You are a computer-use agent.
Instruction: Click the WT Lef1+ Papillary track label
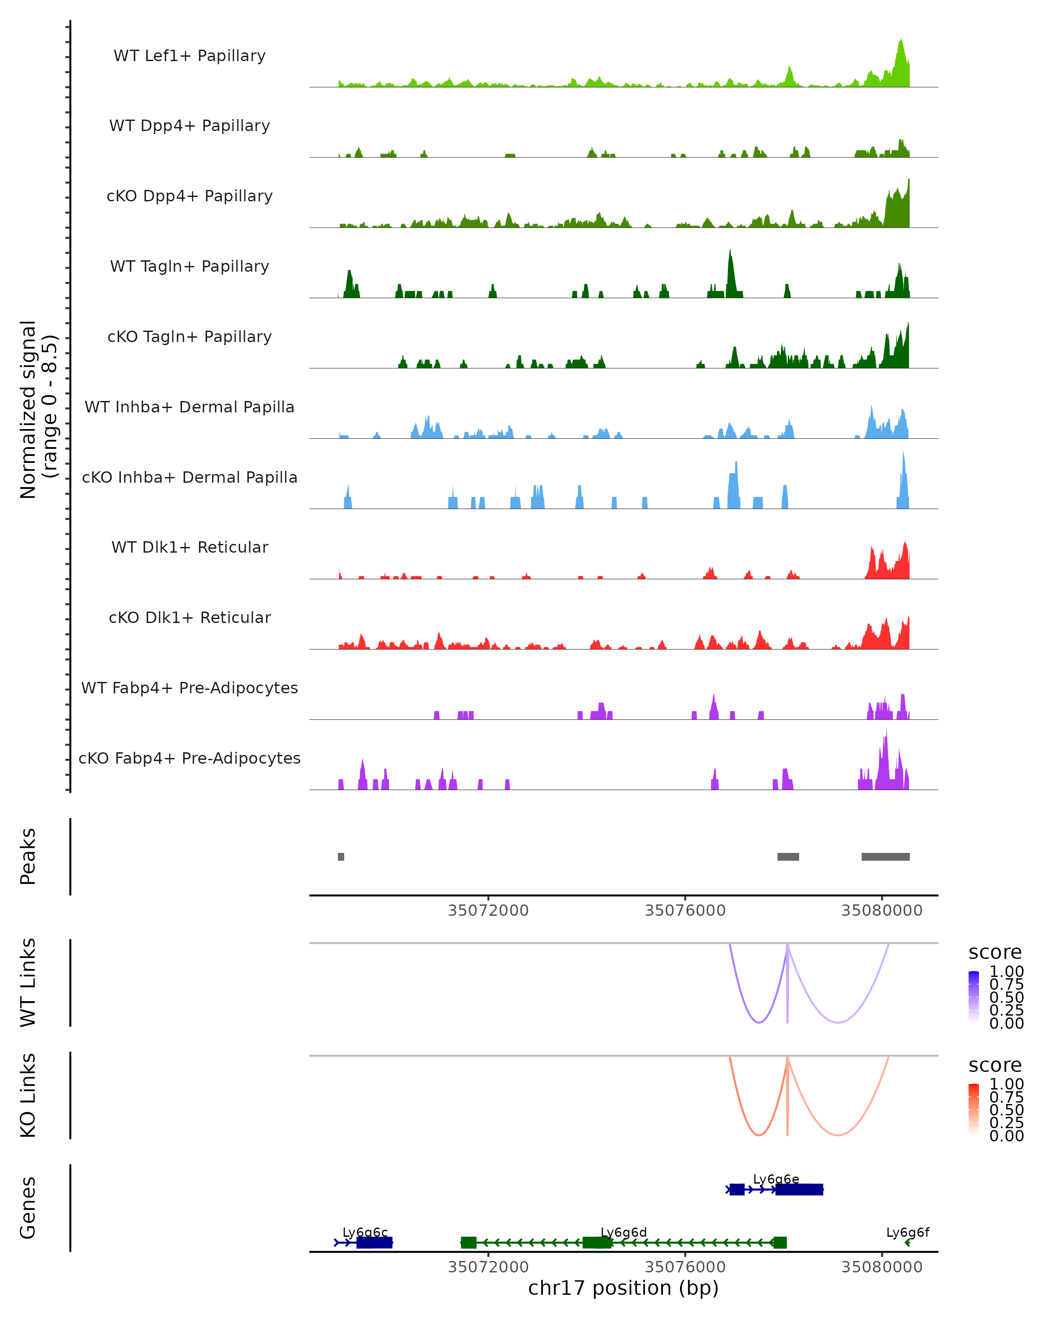[189, 56]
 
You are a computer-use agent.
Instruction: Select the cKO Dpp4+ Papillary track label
[189, 197]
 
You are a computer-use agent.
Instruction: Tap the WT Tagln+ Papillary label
[189, 267]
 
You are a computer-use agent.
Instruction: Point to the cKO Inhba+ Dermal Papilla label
[189, 478]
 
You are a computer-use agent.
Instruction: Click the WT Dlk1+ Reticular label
[189, 547]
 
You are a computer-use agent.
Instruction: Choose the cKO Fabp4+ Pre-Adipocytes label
[189, 758]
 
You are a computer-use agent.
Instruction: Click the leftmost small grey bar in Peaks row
[341, 857]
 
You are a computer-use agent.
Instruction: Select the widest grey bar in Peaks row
[886, 857]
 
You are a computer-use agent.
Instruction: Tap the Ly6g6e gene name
[776, 1180]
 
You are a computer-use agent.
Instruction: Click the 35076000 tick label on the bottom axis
[685, 1267]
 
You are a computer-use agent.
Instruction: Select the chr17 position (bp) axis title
[623, 1288]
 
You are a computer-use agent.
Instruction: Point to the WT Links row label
[28, 983]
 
